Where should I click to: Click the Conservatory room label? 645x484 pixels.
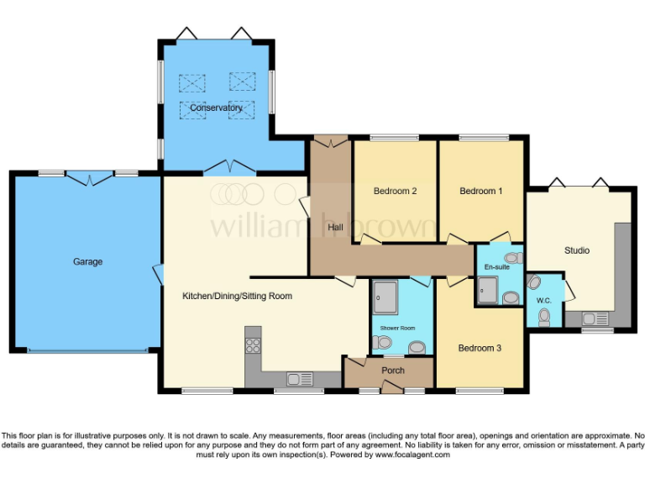coord(216,108)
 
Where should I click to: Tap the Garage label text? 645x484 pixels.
coord(87,262)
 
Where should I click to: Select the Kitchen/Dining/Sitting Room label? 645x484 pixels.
coord(237,296)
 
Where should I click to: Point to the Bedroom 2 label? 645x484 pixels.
coord(395,191)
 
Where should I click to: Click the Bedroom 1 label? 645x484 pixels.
coord(481,191)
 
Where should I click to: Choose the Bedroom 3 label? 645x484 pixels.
coord(480,347)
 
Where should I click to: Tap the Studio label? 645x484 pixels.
coord(577,250)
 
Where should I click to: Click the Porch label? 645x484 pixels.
coord(393,370)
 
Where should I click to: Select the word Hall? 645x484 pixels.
coord(335,226)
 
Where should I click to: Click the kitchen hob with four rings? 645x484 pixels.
coord(253,345)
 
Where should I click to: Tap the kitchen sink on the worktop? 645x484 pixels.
coord(298,378)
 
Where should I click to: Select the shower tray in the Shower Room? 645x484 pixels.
coord(387,295)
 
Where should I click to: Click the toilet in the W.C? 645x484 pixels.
coord(544,316)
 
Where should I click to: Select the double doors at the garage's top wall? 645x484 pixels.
coord(89,177)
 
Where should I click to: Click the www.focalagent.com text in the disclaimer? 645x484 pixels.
coord(412,455)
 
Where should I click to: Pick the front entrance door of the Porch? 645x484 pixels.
coord(391,387)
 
